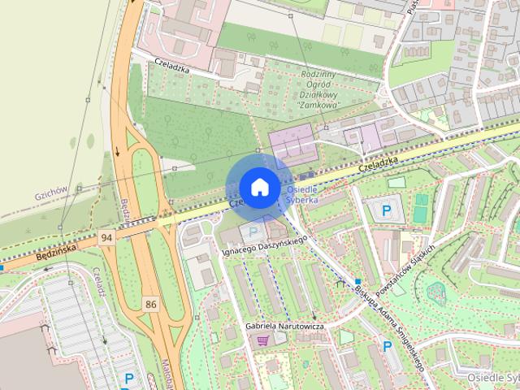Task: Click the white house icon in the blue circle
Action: point(258,187)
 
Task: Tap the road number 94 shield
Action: point(106,237)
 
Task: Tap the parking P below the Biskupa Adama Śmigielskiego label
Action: point(388,346)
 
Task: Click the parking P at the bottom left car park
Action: point(128,379)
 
